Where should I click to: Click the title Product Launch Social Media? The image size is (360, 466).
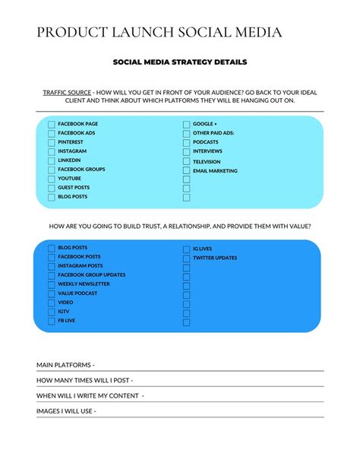point(159,32)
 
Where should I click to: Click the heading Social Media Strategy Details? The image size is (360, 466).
point(180,62)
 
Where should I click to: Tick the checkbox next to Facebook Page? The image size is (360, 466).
point(52,125)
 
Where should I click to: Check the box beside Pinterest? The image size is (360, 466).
point(52,143)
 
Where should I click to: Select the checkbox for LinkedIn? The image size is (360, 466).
point(52,161)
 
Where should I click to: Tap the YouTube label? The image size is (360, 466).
point(70,179)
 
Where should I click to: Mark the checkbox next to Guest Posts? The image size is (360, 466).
point(52,189)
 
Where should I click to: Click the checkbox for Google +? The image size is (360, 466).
point(186,125)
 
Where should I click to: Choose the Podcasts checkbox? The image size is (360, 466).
point(186,143)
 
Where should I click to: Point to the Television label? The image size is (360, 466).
point(207,161)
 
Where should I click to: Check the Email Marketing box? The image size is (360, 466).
point(186,171)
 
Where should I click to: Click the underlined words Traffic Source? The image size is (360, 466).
point(67,91)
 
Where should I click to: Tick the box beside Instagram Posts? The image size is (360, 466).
point(52,267)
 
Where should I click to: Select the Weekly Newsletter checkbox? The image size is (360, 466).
point(52,285)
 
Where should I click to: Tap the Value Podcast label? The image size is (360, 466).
point(77,293)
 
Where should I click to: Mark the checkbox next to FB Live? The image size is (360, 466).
point(52,322)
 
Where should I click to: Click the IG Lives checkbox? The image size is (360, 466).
point(186,249)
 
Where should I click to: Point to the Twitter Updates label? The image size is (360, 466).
point(215,258)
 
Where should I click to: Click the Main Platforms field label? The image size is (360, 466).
point(65,365)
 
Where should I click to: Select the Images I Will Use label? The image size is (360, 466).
point(66,411)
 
